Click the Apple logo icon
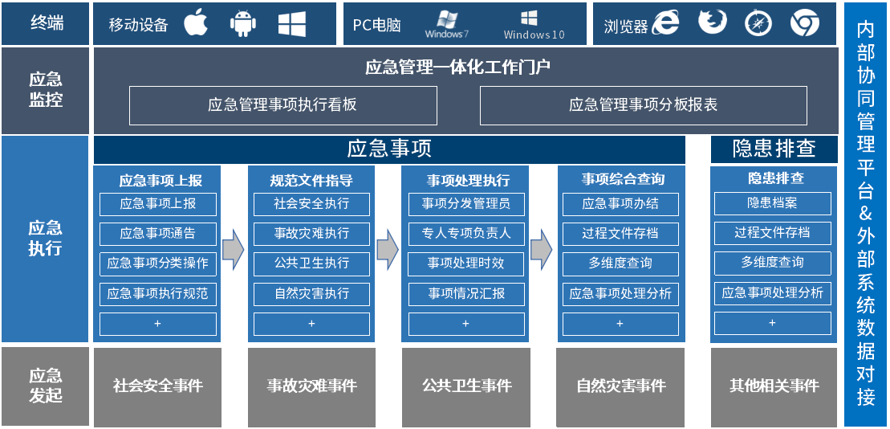[x=196, y=23]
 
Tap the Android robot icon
[x=242, y=23]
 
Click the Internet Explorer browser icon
[x=664, y=23]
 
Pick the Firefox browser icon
[x=712, y=23]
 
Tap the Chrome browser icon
[x=804, y=23]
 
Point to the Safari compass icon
[x=758, y=23]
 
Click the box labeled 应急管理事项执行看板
[x=282, y=105]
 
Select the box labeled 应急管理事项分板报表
[x=643, y=105]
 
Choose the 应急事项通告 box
[x=157, y=234]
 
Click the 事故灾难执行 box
[x=311, y=234]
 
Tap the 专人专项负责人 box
[x=465, y=234]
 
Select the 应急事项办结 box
[x=620, y=204]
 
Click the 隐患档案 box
[x=772, y=203]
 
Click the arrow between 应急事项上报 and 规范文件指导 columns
[x=233, y=250]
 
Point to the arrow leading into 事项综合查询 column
[x=541, y=250]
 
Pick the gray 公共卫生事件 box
[x=466, y=386]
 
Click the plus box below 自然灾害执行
[x=311, y=324]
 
